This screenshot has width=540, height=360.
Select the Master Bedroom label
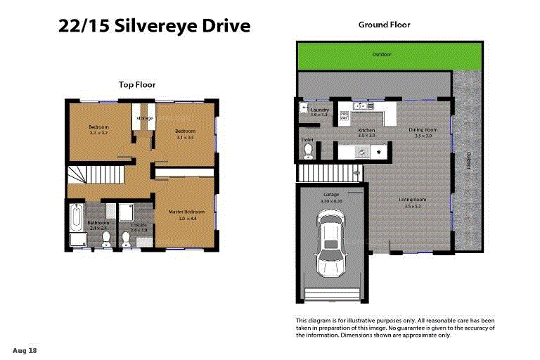(186, 212)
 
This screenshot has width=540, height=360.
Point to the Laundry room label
(320, 110)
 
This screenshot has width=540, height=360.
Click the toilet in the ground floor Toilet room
(307, 151)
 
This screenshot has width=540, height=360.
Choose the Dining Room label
(423, 129)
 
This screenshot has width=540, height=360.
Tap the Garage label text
(331, 195)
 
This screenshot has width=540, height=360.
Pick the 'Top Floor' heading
(137, 84)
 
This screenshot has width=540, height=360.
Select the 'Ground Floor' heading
(384, 25)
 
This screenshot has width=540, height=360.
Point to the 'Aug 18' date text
(24, 349)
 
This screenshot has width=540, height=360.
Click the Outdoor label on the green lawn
(382, 54)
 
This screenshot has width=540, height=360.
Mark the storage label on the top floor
(145, 118)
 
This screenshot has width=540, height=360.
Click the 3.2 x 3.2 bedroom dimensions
(98, 132)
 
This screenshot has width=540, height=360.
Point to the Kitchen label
(366, 131)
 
